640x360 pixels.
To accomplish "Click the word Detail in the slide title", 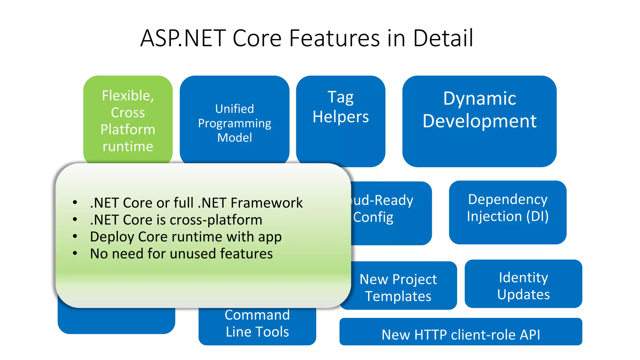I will (x=443, y=38).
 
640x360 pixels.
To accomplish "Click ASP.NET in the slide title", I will (x=183, y=38).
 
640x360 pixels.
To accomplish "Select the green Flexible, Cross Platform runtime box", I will (x=128, y=120).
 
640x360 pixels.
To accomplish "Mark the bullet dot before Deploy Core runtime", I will (x=75, y=236).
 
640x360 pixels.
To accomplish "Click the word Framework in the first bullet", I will (x=267, y=203).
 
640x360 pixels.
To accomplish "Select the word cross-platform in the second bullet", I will (x=216, y=220).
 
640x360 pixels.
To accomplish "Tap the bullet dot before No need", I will (x=75, y=253).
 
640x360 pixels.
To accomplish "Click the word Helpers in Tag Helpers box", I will (x=341, y=117).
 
